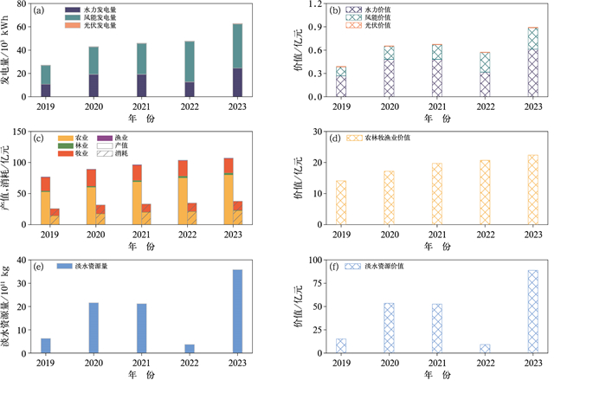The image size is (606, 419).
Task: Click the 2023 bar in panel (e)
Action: pyautogui.click(x=237, y=311)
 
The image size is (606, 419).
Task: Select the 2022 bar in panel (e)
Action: pyautogui.click(x=190, y=348)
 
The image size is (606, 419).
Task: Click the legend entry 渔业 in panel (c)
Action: pyautogui.click(x=112, y=137)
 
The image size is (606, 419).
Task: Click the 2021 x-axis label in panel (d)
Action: pyautogui.click(x=438, y=235)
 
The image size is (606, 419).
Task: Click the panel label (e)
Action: pyautogui.click(x=40, y=267)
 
